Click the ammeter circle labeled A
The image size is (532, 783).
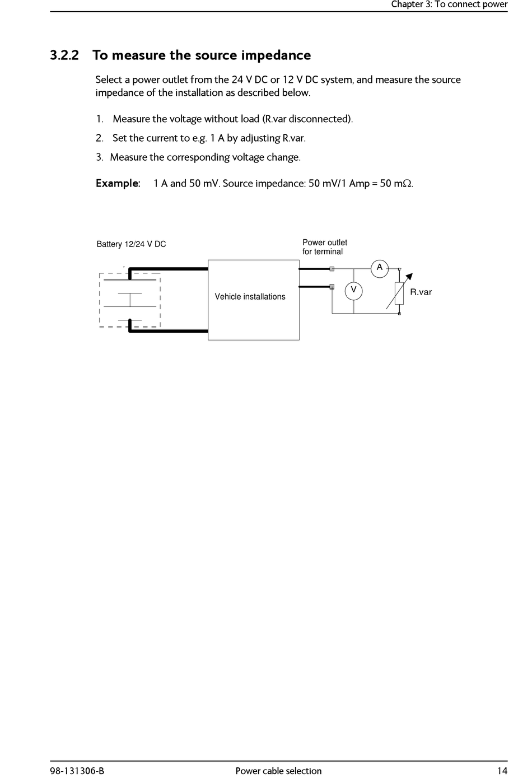click(x=380, y=268)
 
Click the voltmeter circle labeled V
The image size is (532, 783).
click(x=353, y=290)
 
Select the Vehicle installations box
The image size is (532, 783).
click(x=254, y=300)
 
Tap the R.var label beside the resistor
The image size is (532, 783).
click(x=421, y=292)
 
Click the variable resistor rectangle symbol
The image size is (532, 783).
click(x=399, y=293)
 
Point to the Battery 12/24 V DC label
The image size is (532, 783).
click(x=131, y=244)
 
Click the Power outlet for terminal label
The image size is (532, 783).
click(x=324, y=247)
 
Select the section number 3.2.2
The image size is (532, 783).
click(x=64, y=55)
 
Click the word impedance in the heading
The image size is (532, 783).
click(x=276, y=55)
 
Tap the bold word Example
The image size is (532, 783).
click(x=118, y=184)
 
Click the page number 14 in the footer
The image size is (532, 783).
click(x=502, y=771)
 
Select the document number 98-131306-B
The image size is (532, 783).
click(x=77, y=771)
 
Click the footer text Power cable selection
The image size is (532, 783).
click(x=278, y=771)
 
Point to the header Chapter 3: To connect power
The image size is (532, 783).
click(x=449, y=5)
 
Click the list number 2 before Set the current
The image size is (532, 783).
click(x=99, y=138)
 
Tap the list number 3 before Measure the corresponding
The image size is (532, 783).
click(x=99, y=157)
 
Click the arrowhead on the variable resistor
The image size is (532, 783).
click(x=409, y=276)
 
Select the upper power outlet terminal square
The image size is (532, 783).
click(x=332, y=269)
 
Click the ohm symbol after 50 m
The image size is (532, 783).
click(x=408, y=184)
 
